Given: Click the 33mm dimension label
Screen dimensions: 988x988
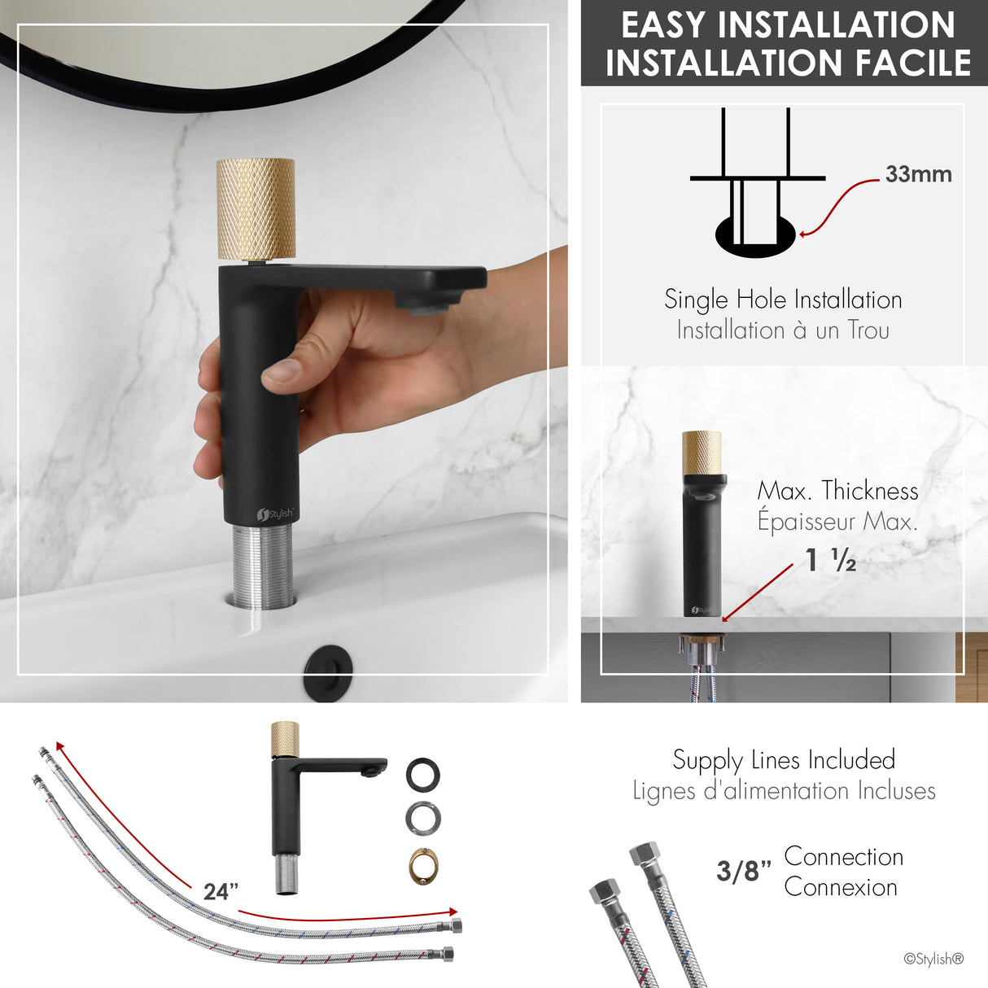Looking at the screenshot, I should [x=918, y=174].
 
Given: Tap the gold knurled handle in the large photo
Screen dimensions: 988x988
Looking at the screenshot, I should [x=256, y=209].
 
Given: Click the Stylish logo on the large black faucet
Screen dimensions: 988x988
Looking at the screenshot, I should [x=275, y=514].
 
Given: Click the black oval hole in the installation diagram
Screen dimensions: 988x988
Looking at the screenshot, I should [x=754, y=234].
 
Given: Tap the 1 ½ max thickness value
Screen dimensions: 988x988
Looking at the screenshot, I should [x=830, y=560].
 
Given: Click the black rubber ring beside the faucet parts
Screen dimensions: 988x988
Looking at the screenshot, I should [x=423, y=774].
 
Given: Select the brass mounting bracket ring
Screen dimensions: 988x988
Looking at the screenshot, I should [x=423, y=866].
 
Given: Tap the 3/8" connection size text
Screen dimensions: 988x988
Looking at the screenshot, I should [x=743, y=871].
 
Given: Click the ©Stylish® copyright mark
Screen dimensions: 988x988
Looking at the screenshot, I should [x=933, y=959].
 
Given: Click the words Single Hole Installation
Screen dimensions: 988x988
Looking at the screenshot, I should [x=783, y=299].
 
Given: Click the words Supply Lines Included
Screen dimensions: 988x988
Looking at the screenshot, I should [x=784, y=759].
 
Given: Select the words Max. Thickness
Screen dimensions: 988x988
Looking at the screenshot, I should [x=837, y=491].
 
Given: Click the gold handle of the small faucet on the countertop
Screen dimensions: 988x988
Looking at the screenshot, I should [x=702, y=452].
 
